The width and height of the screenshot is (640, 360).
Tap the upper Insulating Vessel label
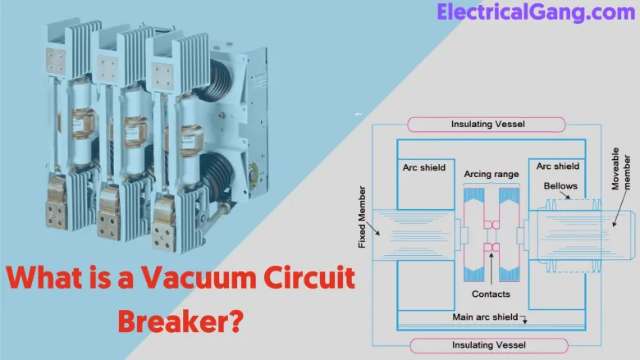pos(487,125)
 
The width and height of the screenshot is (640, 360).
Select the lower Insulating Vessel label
pos(487,344)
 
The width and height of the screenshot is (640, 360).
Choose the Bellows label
pos(560,186)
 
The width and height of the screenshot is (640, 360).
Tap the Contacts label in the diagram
pos(491,294)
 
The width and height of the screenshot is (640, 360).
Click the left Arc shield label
pos(424,167)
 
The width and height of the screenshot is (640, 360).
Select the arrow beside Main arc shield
pos(523,319)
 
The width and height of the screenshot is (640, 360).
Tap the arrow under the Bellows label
pos(548,202)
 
